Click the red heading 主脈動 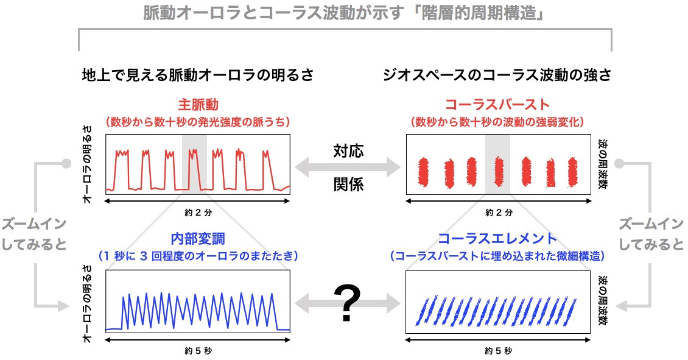(x=198, y=105)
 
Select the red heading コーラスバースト (x=497, y=105)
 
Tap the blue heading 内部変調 (x=198, y=239)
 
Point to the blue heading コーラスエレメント (x=497, y=239)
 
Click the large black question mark (x=347, y=303)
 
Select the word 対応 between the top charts (x=348, y=151)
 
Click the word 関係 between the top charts (x=348, y=185)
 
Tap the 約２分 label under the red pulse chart (x=198, y=213)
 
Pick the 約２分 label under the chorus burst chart (x=499, y=213)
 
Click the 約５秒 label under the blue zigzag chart (x=198, y=351)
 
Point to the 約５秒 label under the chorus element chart (x=499, y=351)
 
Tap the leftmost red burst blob (x=423, y=172)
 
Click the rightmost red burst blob (x=572, y=172)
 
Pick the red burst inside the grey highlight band (x=499, y=172)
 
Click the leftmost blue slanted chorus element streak (x=421, y=312)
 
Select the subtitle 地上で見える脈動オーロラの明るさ (x=198, y=75)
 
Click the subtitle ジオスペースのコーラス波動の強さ (x=497, y=75)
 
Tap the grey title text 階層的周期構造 (x=479, y=13)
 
